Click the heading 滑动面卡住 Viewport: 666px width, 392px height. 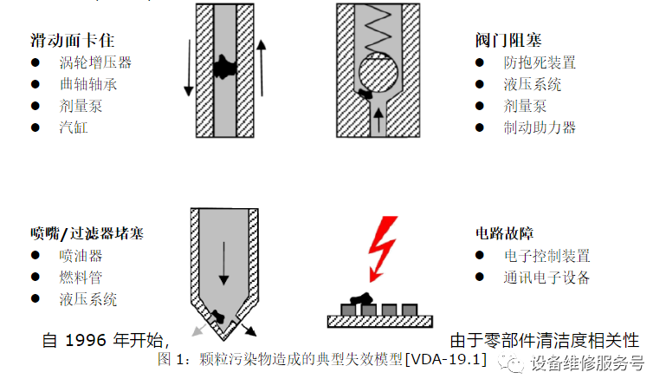tap(72, 40)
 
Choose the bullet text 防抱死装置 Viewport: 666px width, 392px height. tap(540, 62)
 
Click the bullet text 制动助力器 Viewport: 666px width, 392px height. tap(540, 127)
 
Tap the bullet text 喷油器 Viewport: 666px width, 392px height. tap(81, 256)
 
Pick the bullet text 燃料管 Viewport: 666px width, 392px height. tap(81, 278)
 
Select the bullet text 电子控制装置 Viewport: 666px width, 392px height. tap(546, 256)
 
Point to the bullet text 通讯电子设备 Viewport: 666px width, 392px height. tap(546, 278)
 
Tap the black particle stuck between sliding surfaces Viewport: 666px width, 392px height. tap(228, 62)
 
